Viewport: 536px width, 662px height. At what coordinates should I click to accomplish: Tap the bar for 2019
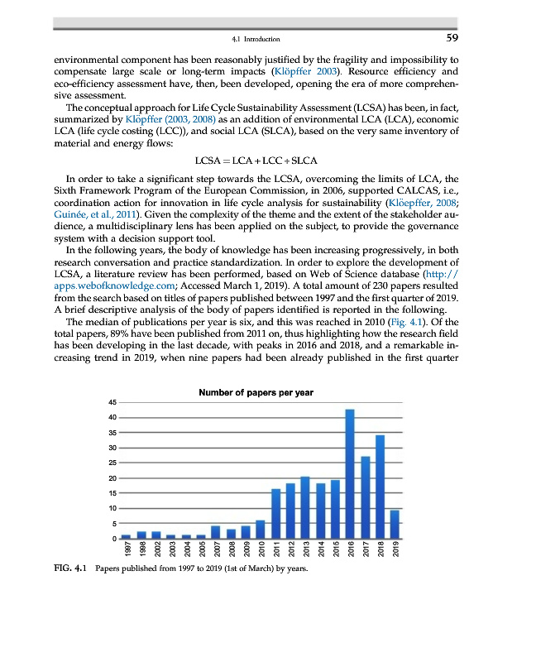(x=395, y=524)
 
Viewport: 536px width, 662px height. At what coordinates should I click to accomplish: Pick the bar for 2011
(x=276, y=513)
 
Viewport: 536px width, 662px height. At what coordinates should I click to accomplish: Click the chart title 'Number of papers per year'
(x=256, y=392)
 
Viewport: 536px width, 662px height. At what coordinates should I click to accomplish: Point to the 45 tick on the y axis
(x=112, y=402)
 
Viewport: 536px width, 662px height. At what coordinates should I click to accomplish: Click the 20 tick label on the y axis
(x=112, y=478)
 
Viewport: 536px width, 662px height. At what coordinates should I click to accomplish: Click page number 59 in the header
(x=452, y=38)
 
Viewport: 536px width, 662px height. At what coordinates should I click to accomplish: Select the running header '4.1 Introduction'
(x=256, y=39)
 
